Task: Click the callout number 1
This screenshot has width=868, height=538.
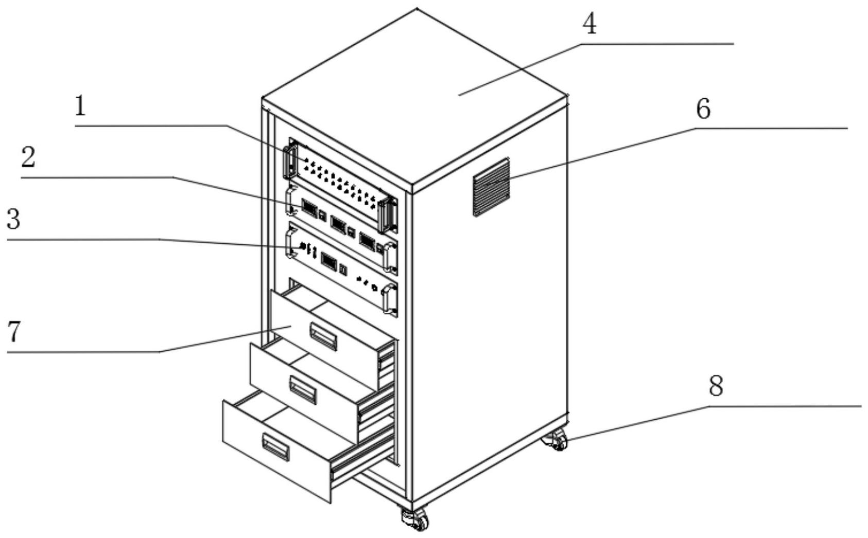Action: click(x=80, y=106)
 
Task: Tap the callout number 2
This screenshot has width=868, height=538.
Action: click(x=28, y=157)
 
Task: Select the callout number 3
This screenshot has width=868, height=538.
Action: click(x=13, y=220)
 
